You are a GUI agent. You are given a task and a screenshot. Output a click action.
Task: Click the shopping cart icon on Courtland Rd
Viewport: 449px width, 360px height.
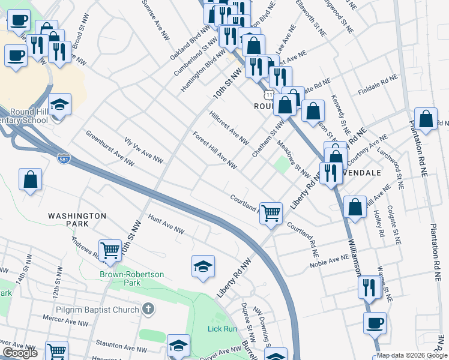tap(271, 212)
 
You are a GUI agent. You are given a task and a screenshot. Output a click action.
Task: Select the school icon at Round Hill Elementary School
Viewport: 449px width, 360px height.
tap(59, 106)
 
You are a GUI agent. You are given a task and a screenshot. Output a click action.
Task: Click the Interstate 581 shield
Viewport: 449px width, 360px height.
tap(64, 158)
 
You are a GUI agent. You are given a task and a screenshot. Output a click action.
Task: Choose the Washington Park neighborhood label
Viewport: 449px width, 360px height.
tap(77, 220)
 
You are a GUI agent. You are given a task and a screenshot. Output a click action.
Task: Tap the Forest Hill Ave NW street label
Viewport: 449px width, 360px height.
tap(214, 151)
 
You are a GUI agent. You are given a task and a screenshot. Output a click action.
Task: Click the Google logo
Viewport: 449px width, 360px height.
tap(20, 353)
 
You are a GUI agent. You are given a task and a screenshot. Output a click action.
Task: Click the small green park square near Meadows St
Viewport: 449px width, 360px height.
tap(282, 164)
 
